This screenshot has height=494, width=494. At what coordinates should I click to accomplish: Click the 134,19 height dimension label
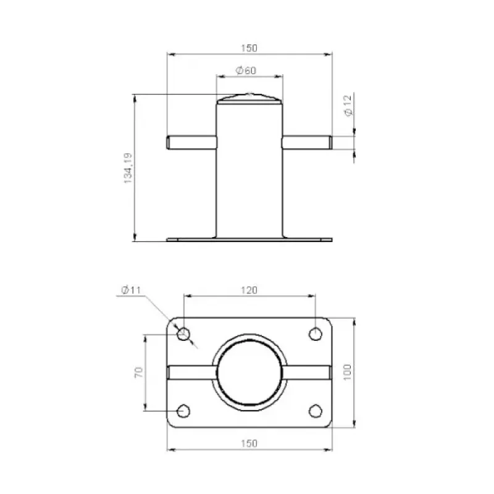pos(128,168)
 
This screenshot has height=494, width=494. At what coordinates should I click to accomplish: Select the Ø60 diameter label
pos(246,70)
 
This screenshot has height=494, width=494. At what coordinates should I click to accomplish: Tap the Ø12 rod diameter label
pos(348,106)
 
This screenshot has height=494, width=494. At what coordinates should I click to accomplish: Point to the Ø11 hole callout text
pos(131,290)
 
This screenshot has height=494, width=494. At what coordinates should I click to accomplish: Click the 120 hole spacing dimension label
pos(249,290)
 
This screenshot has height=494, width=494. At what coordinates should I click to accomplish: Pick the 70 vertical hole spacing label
pos(138,372)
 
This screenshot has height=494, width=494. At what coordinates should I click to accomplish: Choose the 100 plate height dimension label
pos(347,372)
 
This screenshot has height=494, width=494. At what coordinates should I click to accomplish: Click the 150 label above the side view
pos(249,48)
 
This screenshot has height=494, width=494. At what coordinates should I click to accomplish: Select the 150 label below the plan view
pos(249,443)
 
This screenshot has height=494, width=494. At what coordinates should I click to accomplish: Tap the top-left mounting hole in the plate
pos(183,333)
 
